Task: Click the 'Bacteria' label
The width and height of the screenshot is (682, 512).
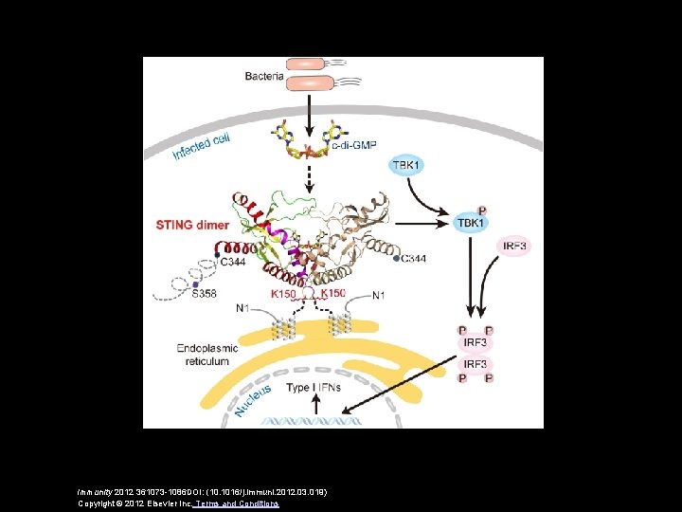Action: point(264,75)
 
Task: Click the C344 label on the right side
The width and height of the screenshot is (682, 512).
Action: point(413,259)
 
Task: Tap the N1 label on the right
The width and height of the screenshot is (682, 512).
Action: point(379,295)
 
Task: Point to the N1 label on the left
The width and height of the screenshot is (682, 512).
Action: point(244,307)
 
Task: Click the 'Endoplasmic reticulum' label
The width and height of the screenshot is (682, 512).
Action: point(204,354)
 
